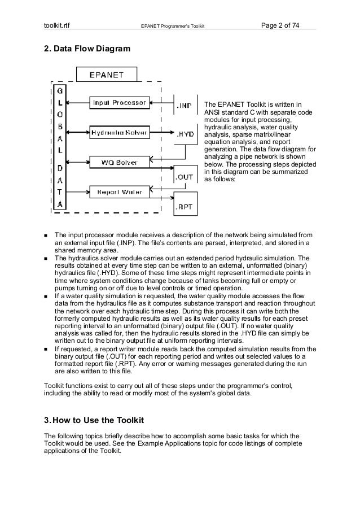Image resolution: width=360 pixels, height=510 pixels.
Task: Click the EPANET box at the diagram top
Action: coord(107,74)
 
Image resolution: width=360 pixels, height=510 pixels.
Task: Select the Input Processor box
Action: coord(120,103)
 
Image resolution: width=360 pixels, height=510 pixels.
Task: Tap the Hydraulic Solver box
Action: coord(120,133)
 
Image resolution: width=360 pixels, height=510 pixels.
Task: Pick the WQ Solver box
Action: coord(120,163)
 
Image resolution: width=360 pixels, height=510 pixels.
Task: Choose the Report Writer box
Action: coord(120,192)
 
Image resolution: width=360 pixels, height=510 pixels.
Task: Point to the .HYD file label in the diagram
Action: coord(186,134)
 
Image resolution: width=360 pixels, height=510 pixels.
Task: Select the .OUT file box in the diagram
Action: coord(185,177)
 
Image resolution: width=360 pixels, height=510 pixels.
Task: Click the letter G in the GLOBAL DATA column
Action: coord(60,91)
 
